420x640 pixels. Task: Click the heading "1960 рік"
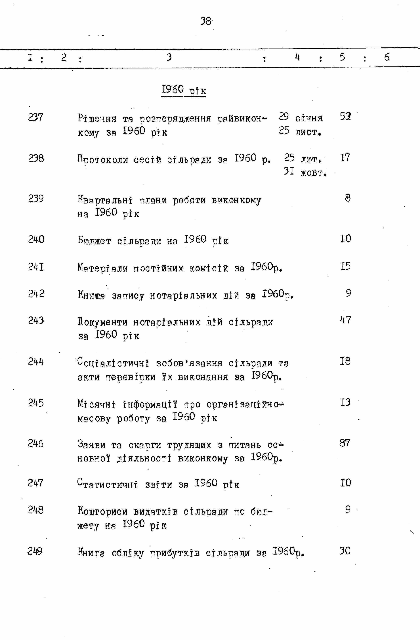[184, 90]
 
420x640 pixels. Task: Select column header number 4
[297, 57]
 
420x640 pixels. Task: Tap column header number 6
[387, 57]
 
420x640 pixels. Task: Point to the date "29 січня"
[301, 117]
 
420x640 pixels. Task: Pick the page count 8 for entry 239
[348, 198]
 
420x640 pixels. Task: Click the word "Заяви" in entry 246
[91, 444]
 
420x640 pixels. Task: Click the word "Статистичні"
[108, 484]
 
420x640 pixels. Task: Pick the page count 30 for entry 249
[345, 551]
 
